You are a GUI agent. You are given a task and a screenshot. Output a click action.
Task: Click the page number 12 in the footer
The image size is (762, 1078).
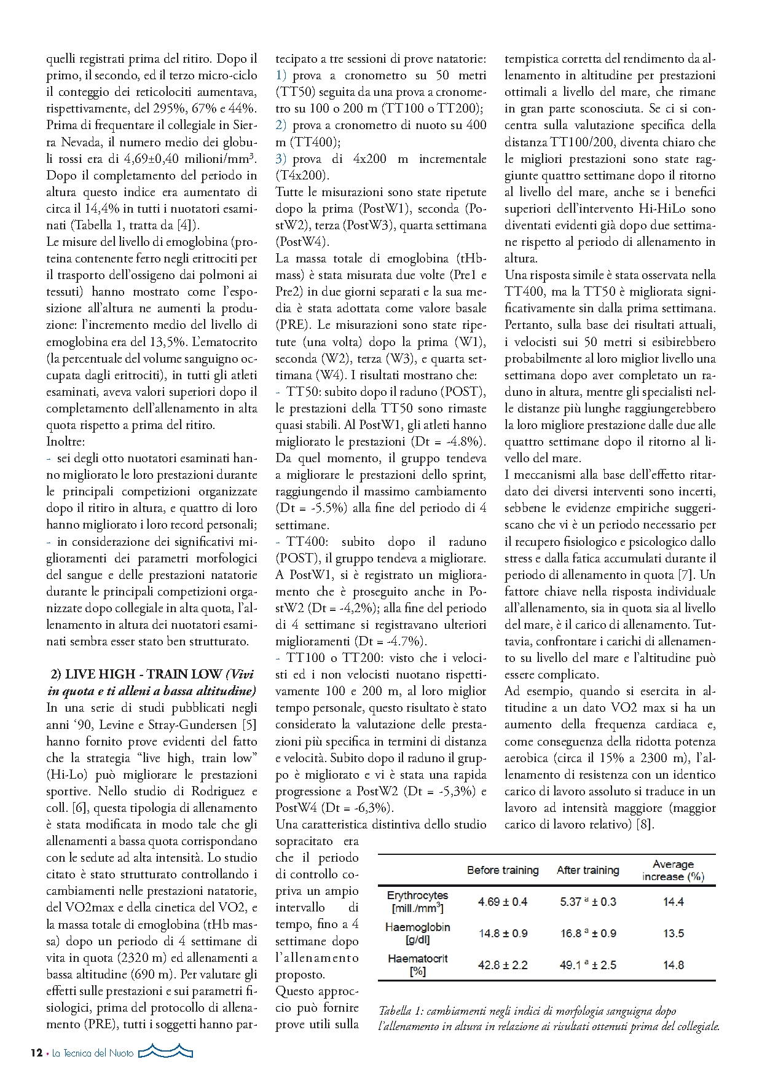point(36,1053)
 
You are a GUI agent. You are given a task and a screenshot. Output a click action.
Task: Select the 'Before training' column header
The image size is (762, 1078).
point(502,870)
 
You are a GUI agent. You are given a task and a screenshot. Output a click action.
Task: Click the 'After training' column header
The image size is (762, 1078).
point(587,870)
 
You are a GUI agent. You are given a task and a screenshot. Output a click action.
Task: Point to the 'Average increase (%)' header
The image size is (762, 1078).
point(673,870)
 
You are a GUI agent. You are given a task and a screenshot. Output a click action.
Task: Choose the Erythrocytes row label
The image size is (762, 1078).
point(417,902)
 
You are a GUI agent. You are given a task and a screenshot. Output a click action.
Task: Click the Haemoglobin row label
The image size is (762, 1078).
point(417,933)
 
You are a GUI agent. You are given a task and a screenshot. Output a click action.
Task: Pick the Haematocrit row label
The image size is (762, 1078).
point(417,965)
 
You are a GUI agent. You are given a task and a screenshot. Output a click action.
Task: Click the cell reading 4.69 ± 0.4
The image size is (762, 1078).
point(503,902)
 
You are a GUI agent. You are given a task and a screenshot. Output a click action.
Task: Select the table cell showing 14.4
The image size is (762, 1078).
point(674,902)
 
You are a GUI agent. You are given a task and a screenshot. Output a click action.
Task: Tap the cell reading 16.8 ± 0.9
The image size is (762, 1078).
point(587,934)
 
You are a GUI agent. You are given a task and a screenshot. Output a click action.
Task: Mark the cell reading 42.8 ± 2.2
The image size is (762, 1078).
point(503,966)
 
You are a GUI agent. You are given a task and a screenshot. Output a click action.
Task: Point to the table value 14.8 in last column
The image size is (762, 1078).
point(674,966)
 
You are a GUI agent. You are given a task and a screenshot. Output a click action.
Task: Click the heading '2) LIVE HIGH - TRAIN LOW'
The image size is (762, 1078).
point(135,674)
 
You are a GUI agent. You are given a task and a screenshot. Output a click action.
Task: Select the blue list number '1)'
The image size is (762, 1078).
point(281,76)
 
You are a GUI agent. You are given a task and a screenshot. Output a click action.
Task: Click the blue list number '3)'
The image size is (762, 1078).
point(281,159)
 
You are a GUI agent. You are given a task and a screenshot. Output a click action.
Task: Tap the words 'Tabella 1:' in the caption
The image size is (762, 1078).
point(400,1011)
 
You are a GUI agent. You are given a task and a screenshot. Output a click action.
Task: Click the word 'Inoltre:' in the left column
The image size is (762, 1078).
point(65,441)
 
